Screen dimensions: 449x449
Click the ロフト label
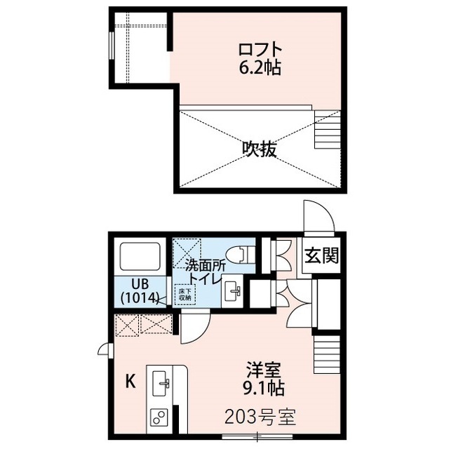pyautogui.click(x=260, y=50)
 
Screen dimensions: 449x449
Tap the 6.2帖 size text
pyautogui.click(x=260, y=68)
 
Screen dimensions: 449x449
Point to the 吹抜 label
pyautogui.click(x=260, y=149)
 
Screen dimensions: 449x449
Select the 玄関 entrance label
pyautogui.click(x=321, y=256)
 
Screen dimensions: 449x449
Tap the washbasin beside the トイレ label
pyautogui.click(x=233, y=291)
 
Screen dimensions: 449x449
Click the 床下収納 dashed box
pyautogui.click(x=185, y=294)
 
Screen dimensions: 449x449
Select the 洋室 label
pyautogui.click(x=260, y=369)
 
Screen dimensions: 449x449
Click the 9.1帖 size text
pyautogui.click(x=260, y=387)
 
